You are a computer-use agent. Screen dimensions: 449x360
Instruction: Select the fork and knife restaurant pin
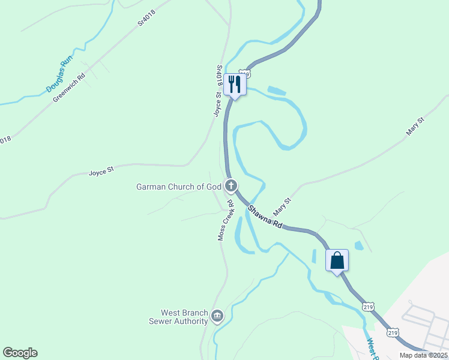(234, 85)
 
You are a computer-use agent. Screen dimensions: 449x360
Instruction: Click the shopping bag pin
(337, 260)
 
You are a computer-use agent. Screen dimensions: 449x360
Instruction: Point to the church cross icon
(231, 185)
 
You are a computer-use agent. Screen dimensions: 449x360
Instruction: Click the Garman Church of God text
(179, 187)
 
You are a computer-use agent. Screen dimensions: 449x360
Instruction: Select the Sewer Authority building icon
(217, 315)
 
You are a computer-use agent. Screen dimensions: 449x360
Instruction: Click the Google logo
(20, 353)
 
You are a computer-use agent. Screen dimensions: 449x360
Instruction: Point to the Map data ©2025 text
(424, 355)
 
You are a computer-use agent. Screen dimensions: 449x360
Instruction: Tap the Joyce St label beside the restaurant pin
(218, 103)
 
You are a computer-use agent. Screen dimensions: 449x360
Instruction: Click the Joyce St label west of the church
(101, 172)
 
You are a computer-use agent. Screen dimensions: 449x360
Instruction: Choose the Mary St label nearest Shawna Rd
(282, 207)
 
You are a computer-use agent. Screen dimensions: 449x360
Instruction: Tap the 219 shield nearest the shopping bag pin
(369, 306)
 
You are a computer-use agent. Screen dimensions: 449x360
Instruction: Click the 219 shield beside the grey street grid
(393, 332)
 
